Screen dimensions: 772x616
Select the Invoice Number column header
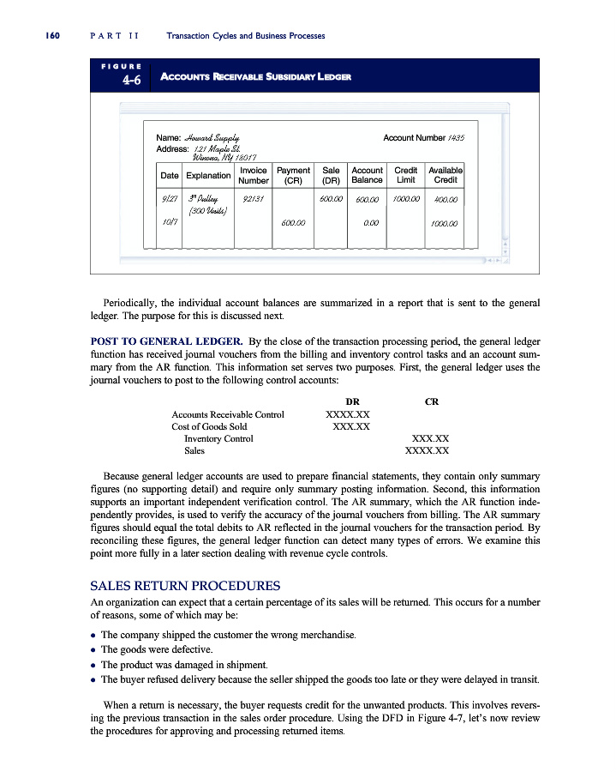254,175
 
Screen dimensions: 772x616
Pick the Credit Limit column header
405,175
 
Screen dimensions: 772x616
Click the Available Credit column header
446,175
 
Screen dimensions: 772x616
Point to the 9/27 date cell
169,199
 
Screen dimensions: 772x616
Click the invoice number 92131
253,199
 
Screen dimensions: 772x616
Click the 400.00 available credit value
446,199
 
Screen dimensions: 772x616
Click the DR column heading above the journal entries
351,401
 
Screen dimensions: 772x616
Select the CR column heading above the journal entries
432,401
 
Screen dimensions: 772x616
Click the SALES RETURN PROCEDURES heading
185,587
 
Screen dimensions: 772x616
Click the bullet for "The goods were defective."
94,649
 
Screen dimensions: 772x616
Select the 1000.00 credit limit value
405,199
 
